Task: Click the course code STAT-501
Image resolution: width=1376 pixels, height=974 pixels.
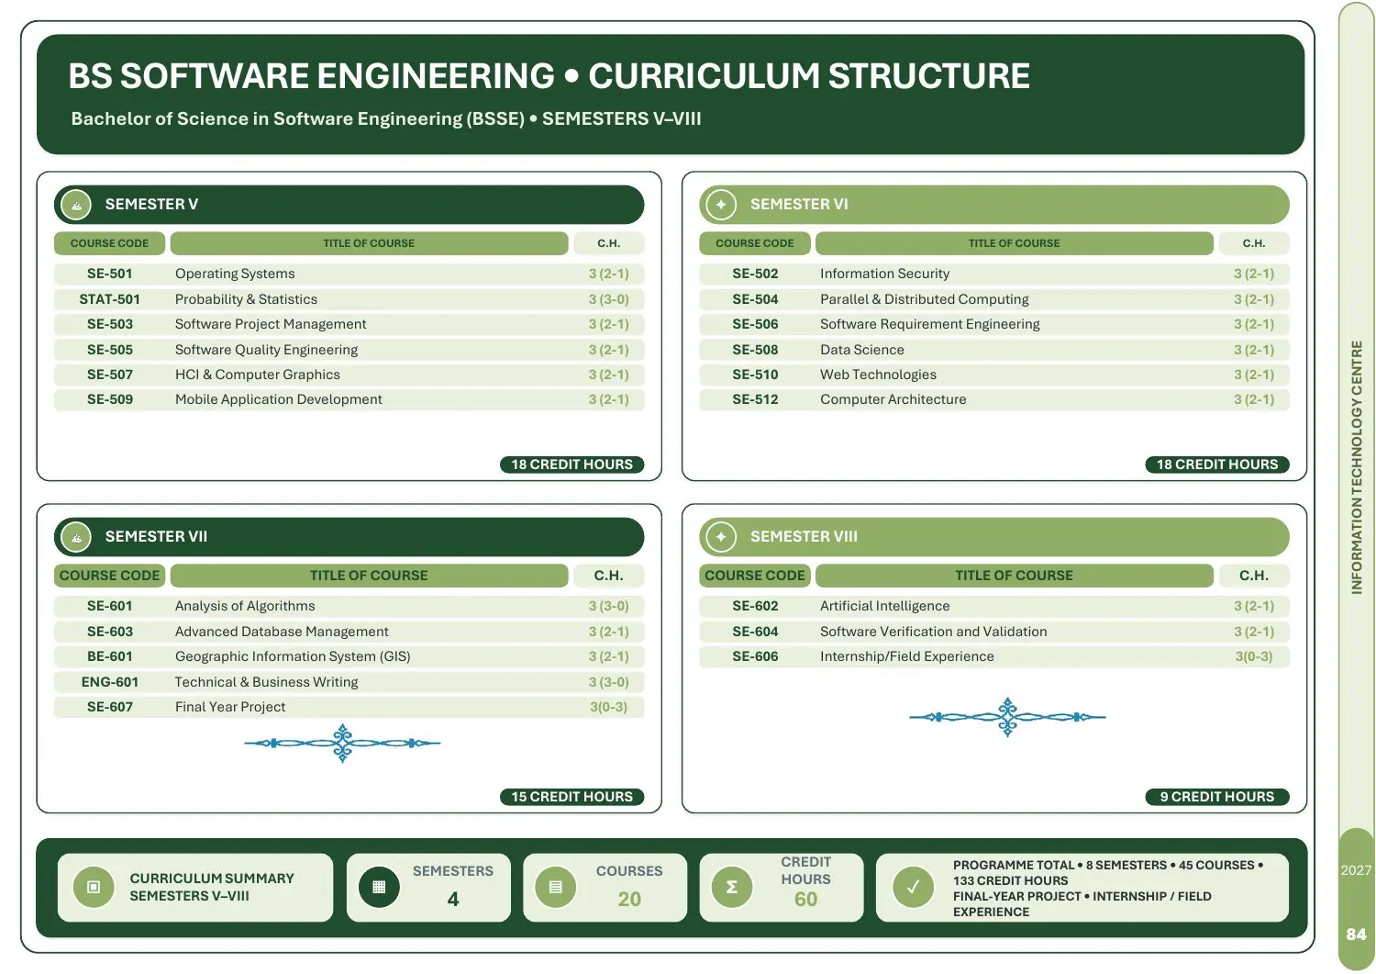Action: point(109,299)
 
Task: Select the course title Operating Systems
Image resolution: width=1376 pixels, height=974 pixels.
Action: point(235,274)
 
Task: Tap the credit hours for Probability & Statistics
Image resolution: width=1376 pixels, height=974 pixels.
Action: point(608,299)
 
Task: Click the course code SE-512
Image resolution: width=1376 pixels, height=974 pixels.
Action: point(755,399)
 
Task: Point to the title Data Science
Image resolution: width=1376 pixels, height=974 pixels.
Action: point(862,350)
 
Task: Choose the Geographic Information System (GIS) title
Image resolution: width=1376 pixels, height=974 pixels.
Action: point(293,656)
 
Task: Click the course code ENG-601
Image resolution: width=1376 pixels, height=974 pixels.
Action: point(109,682)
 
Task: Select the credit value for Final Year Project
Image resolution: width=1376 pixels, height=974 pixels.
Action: point(608,707)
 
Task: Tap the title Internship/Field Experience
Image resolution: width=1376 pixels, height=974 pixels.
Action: point(906,656)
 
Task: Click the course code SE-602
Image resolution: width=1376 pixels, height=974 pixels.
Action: point(755,606)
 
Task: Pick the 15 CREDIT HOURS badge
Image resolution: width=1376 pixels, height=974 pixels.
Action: point(571,797)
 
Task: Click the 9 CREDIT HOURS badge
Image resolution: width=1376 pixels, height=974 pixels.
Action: point(1217,797)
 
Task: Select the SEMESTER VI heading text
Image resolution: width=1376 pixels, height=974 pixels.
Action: point(799,204)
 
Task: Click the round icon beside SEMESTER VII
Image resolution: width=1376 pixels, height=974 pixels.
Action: point(76,537)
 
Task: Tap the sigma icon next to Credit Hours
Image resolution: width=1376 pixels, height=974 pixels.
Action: point(732,888)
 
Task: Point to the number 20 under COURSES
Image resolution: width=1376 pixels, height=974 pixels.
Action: point(629,900)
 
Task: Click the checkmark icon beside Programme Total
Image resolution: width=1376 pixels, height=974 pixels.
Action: point(913,888)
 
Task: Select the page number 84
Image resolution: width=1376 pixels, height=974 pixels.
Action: point(1356,935)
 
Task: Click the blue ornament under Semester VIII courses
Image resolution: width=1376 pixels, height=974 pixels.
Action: point(1007,717)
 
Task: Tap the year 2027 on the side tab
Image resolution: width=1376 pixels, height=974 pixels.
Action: point(1356,870)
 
